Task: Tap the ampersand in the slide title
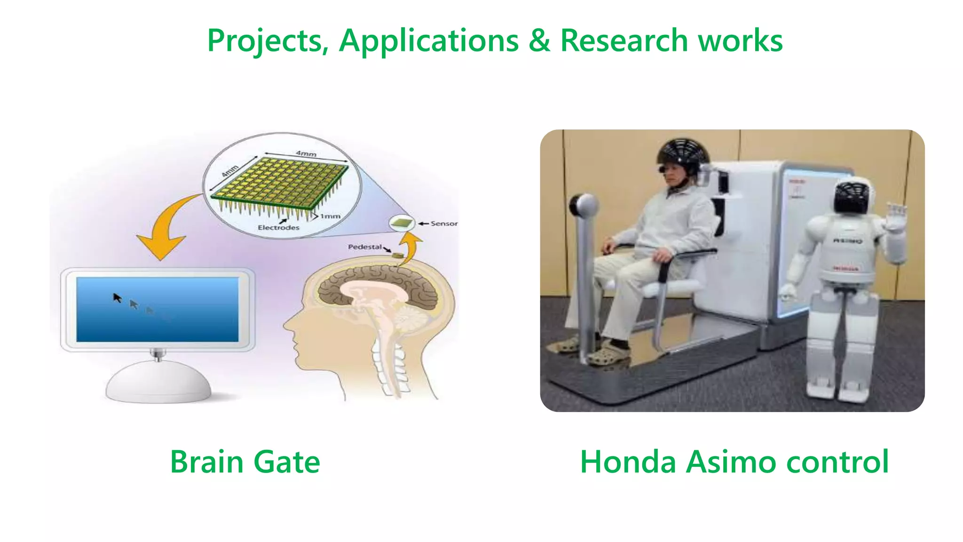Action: coord(539,40)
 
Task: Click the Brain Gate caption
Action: coord(245,462)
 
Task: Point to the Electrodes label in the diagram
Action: coord(278,228)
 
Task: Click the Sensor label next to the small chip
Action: coord(444,223)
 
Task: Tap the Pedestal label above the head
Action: coord(365,247)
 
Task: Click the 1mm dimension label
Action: coord(330,216)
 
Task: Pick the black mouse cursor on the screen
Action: coord(118,298)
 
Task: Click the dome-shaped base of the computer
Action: coord(158,383)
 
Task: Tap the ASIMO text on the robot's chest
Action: coord(848,241)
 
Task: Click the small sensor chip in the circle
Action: coord(402,223)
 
